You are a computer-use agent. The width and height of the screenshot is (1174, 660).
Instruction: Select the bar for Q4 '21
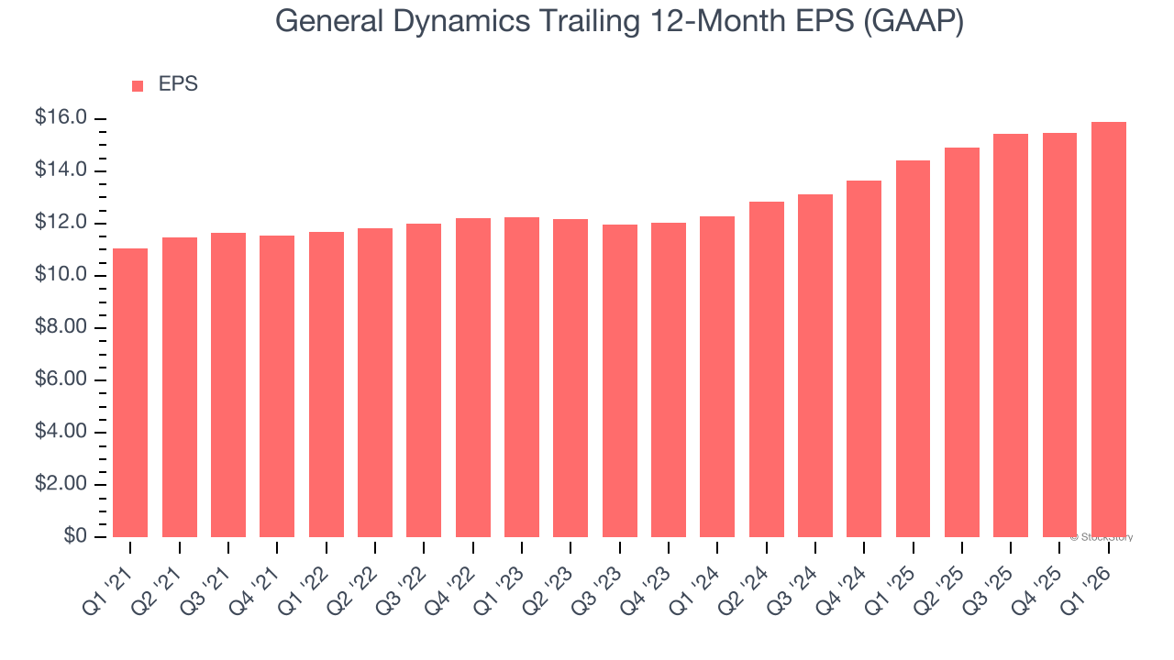[x=277, y=386]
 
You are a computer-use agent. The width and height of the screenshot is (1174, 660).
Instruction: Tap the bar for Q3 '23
[x=619, y=380]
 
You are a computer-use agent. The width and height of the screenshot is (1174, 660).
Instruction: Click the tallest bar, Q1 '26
[x=1108, y=329]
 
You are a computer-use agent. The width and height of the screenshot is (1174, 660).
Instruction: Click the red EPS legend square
[x=138, y=85]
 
